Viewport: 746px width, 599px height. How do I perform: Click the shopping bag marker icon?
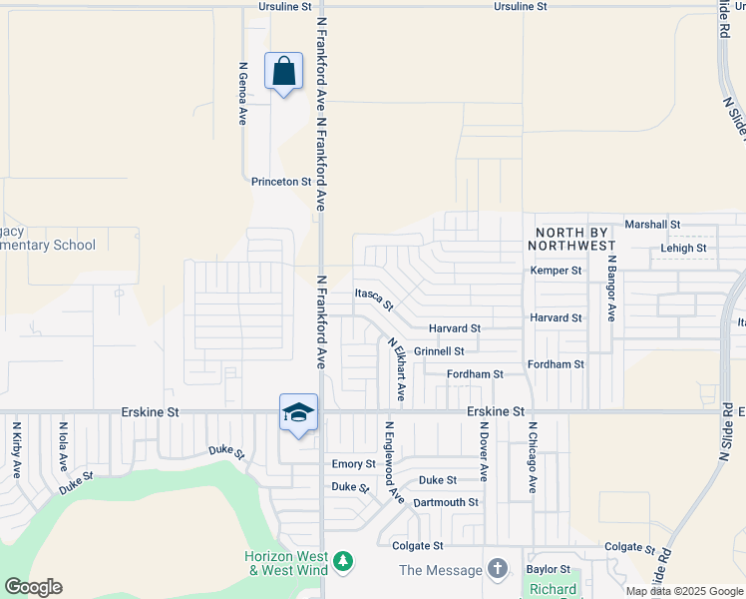(284, 72)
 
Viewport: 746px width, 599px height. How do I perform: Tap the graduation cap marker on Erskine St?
(298, 413)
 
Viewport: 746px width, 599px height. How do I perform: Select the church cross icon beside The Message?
(498, 569)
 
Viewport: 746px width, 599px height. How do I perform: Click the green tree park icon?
(343, 563)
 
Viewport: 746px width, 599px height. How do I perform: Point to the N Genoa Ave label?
(242, 94)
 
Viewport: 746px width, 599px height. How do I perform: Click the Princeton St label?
(281, 182)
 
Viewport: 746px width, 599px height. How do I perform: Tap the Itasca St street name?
(374, 297)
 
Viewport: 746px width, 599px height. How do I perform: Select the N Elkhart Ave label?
(395, 370)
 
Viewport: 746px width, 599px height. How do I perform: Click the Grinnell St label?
(439, 351)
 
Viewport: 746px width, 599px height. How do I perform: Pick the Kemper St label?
(556, 271)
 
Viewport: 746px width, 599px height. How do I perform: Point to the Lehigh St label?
(682, 248)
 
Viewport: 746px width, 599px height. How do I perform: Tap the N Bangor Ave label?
(611, 287)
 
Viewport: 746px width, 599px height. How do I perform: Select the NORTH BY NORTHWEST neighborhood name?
(575, 238)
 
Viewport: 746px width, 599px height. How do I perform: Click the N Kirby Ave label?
(17, 450)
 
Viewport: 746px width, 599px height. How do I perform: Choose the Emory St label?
(353, 464)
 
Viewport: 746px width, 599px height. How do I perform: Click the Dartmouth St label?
(446, 502)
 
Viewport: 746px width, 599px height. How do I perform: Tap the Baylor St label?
(548, 569)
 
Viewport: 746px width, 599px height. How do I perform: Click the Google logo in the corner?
(33, 587)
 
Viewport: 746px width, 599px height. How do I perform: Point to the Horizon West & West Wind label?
(286, 563)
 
